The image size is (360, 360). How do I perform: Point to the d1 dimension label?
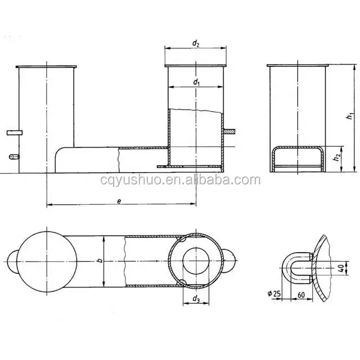(x=196, y=82)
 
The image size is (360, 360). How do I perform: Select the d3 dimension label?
(x=196, y=299)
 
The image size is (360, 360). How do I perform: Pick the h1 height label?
(x=350, y=117)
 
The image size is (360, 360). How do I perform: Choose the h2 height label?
(x=335, y=159)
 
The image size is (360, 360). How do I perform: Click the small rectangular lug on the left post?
(x=14, y=132)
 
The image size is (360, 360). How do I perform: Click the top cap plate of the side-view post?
(x=297, y=65)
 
